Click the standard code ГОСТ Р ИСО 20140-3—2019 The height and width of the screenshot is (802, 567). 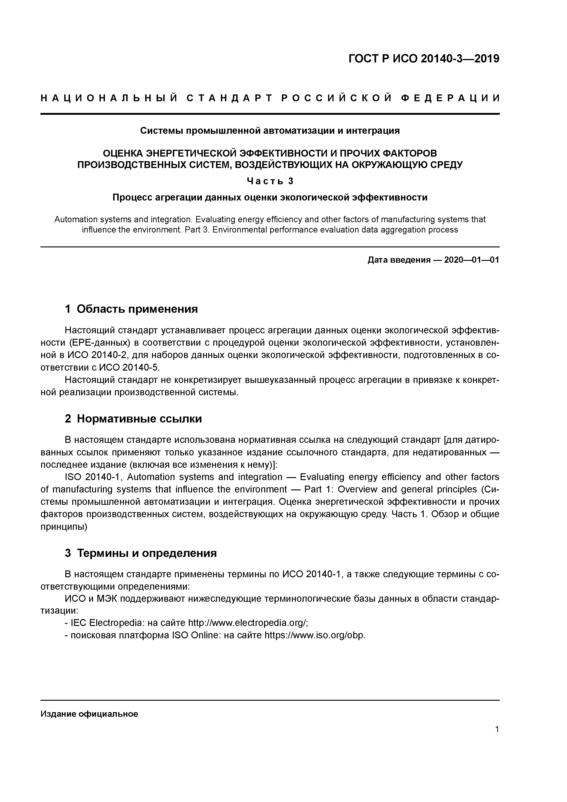pos(424,59)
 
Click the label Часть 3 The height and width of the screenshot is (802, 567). pos(270,181)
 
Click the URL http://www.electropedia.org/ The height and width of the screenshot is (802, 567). pos(247,623)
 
